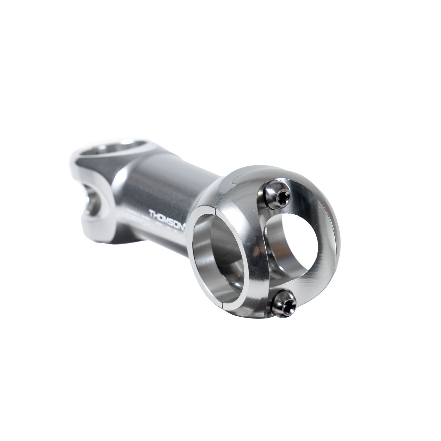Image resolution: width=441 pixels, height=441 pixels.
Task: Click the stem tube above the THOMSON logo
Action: click(159, 188)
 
